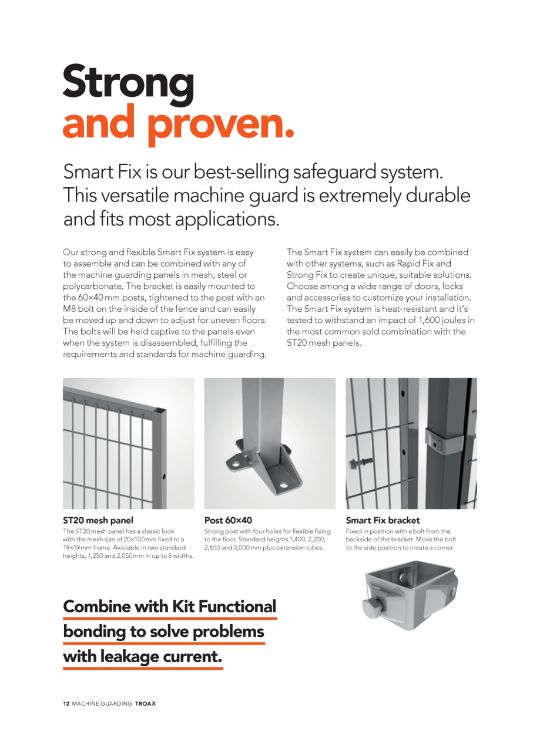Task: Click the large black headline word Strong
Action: [x=128, y=83]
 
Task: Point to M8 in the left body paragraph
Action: [x=70, y=309]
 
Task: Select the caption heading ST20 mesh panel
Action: [x=98, y=520]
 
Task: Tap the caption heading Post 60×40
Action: [x=228, y=520]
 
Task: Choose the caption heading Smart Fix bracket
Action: [x=383, y=520]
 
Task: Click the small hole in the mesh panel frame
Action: [x=164, y=476]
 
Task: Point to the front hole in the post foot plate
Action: [x=283, y=486]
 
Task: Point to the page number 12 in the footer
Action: [x=66, y=703]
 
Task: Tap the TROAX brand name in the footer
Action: [x=145, y=703]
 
